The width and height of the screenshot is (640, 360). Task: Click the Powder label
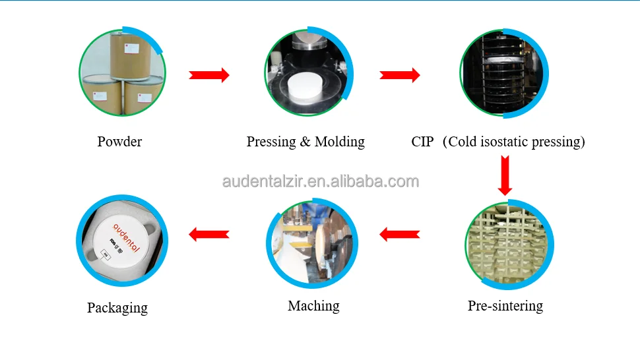[119, 141]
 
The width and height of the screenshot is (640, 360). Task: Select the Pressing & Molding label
[305, 141]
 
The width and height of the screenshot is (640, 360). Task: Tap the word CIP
[422, 141]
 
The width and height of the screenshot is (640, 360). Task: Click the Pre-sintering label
[505, 305]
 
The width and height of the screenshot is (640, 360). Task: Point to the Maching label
[313, 306]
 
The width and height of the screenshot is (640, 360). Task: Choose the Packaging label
[117, 307]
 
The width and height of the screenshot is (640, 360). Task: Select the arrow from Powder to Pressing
[209, 75]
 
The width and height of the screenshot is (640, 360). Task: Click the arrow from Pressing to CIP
[400, 75]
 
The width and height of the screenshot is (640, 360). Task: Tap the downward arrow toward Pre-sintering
[505, 175]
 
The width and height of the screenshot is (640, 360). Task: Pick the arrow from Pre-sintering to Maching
[400, 234]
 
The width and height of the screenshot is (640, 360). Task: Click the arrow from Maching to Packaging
[209, 234]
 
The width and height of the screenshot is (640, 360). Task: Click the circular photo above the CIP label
[504, 73]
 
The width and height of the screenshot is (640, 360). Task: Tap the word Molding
[339, 141]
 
